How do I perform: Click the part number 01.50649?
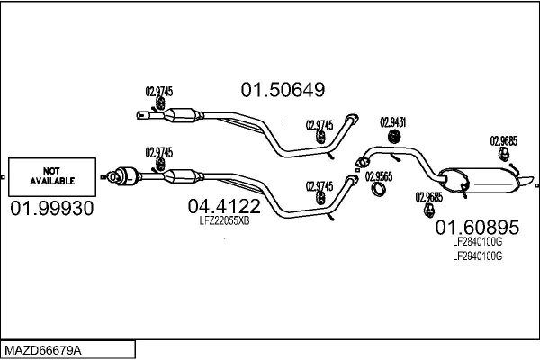tap(282, 90)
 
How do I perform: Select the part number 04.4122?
tap(223, 206)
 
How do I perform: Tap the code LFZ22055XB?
tap(223, 220)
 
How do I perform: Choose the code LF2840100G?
tap(478, 241)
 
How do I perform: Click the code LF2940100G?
tap(478, 256)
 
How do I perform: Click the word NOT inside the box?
tap(51, 169)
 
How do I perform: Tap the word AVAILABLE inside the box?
tap(51, 180)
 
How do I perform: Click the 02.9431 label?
tap(392, 121)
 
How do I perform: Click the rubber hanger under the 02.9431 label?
tap(393, 137)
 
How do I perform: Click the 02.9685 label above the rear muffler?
tap(503, 140)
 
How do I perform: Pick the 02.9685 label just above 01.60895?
tap(428, 197)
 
